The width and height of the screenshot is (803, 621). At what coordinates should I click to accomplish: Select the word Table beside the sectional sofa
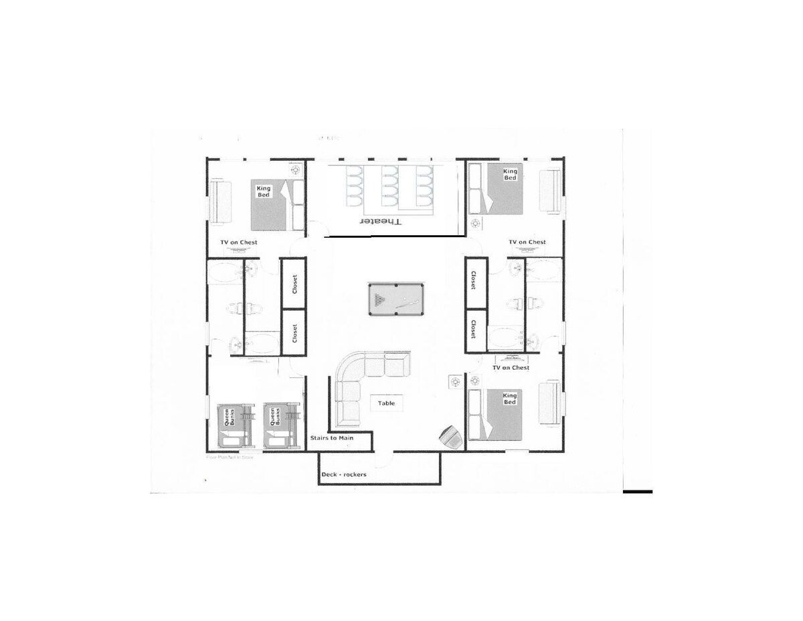point(386,403)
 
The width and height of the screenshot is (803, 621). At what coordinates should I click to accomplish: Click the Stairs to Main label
point(331,438)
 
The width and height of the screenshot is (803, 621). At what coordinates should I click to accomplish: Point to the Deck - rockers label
point(344,474)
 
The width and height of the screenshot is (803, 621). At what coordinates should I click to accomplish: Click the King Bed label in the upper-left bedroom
point(264,192)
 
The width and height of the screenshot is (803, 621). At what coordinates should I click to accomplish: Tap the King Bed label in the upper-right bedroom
point(510,174)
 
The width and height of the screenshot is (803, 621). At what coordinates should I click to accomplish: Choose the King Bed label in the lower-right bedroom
point(510,398)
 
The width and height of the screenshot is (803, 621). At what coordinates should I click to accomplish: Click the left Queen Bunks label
point(229,418)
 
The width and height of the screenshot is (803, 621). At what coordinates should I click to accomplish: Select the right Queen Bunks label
point(274,418)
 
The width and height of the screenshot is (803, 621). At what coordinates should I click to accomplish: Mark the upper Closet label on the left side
point(294,283)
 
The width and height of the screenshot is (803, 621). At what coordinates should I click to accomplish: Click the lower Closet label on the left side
point(294,333)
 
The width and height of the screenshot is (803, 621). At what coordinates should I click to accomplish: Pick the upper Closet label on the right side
point(474,281)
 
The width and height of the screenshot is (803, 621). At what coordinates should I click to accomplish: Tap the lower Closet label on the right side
point(474,329)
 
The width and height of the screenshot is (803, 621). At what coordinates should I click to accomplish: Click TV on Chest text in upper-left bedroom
point(239,243)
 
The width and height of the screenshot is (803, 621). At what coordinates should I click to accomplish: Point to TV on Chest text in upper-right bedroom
point(527,242)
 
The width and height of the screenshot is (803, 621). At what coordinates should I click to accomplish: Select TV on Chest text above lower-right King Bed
point(511,368)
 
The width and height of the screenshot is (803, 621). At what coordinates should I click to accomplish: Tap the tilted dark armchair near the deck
point(449,437)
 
